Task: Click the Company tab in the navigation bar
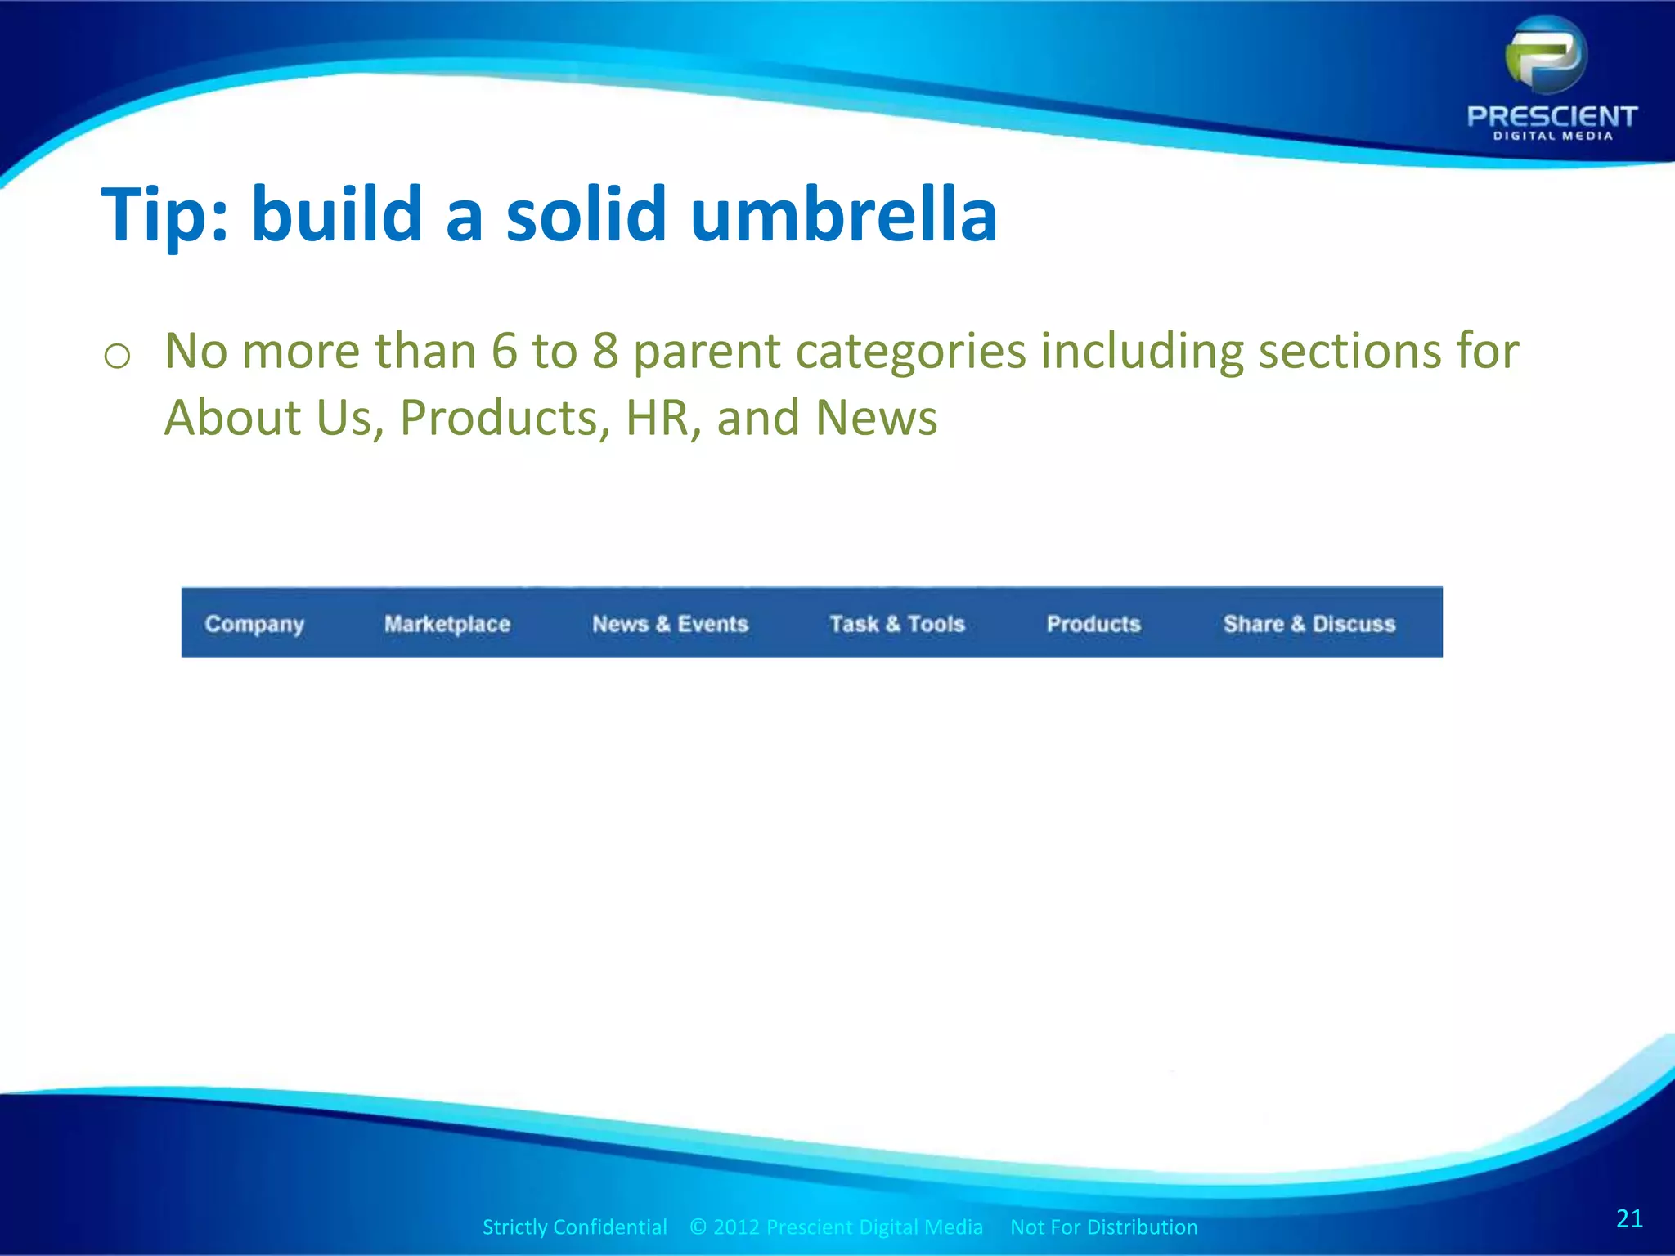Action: coord(254,624)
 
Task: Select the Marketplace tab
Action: coord(447,624)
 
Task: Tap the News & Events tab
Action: coord(670,624)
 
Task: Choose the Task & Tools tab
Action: coord(897,624)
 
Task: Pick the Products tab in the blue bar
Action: coord(1093,624)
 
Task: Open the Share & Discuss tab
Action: coord(1309,624)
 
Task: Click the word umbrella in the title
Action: coord(843,214)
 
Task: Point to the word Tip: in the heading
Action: coord(164,214)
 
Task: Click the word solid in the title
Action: coord(586,214)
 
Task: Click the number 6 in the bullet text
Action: coord(505,351)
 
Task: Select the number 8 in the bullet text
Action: coord(605,351)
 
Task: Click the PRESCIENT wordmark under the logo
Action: coord(1552,116)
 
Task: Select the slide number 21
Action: coord(1629,1218)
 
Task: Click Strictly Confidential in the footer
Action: coord(574,1227)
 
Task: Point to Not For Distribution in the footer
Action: coord(1103,1227)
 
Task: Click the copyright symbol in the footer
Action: coord(698,1227)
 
